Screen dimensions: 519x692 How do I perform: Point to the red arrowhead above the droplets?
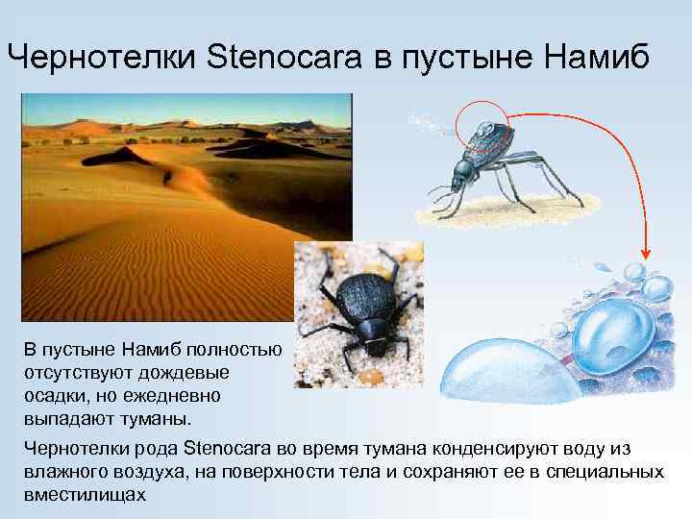[646, 252]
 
